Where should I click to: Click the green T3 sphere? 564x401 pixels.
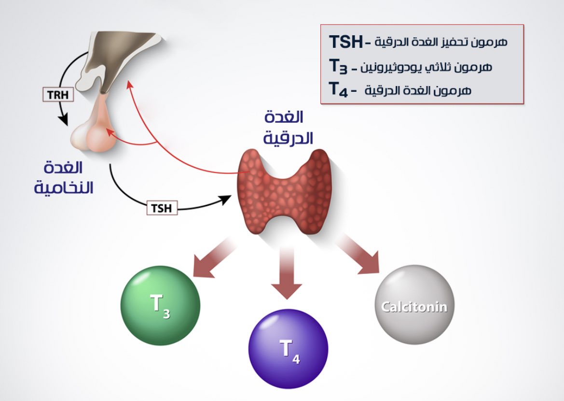(160, 305)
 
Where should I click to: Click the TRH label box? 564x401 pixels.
(58, 95)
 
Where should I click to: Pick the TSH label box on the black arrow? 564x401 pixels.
(162, 208)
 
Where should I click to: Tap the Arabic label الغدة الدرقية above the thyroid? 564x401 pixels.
(289, 128)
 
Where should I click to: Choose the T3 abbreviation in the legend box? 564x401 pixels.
(338, 67)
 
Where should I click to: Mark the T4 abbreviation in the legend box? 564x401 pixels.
(338, 89)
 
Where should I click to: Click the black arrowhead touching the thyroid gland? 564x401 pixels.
(225, 200)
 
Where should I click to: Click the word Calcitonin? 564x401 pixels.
(414, 307)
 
